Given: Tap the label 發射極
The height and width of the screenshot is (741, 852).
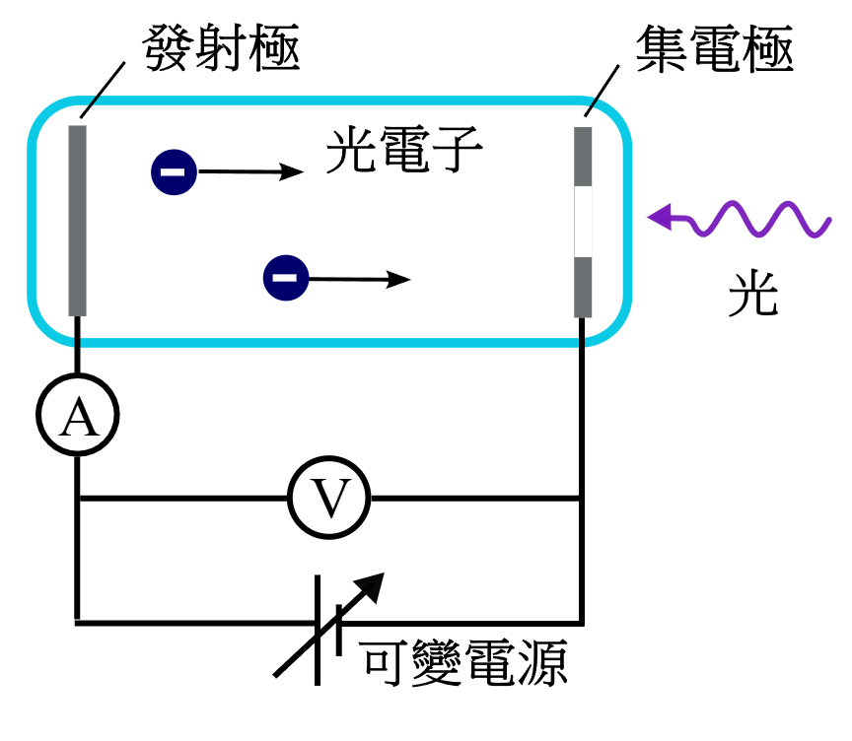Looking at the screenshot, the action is pyautogui.click(x=221, y=47).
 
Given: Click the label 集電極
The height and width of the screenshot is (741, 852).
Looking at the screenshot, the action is pyautogui.click(x=715, y=49).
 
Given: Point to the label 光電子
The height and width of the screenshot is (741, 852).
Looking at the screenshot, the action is pyautogui.click(x=404, y=149).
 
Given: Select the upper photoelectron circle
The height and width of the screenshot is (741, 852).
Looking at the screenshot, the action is pyautogui.click(x=174, y=172).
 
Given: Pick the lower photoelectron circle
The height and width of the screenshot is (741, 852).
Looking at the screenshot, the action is pyautogui.click(x=286, y=278).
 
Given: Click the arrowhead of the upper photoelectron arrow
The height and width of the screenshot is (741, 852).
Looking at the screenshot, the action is pyautogui.click(x=291, y=172).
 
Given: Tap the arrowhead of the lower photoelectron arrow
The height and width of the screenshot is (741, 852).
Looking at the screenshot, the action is pyautogui.click(x=398, y=280).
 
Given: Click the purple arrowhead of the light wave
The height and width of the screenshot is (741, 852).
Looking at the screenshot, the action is pyautogui.click(x=660, y=217).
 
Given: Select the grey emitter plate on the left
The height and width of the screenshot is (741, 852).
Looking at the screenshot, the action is pyautogui.click(x=77, y=221).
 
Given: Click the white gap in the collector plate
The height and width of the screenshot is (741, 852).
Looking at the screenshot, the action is pyautogui.click(x=583, y=222).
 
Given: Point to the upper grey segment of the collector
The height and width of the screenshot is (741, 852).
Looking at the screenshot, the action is pyautogui.click(x=583, y=157).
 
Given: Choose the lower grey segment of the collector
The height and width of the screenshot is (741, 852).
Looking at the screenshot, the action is pyautogui.click(x=583, y=287).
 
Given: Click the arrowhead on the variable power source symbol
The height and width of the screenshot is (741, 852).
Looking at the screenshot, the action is pyautogui.click(x=371, y=586).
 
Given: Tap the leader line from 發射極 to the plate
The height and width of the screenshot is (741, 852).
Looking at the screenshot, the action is pyautogui.click(x=103, y=90).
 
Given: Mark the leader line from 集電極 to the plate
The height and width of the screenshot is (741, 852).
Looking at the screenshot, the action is pyautogui.click(x=603, y=91).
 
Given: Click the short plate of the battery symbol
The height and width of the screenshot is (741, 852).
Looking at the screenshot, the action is pyautogui.click(x=339, y=631).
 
